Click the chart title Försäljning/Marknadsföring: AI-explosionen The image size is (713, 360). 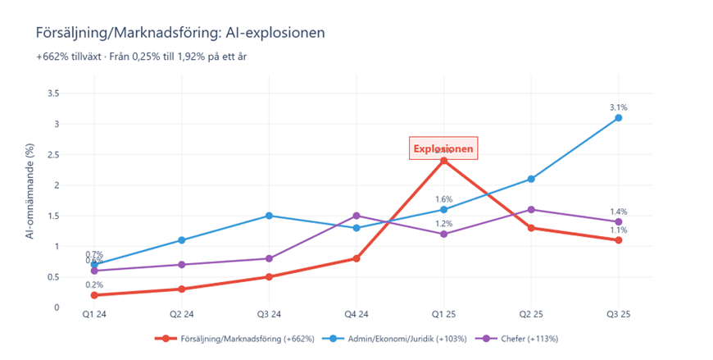tap(180, 33)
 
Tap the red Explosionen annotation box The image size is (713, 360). tap(443, 148)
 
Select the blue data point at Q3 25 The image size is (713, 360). tap(619, 118)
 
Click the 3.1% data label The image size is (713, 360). tap(619, 107)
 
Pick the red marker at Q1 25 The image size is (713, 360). tap(443, 161)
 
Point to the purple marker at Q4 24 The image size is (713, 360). tap(356, 216)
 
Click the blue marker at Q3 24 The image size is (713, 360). tap(269, 216)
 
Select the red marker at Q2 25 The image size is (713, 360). tap(531, 228)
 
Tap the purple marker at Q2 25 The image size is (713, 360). tap(531, 210)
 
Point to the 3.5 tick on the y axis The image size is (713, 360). tap(75, 93)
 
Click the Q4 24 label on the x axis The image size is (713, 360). tap(356, 314)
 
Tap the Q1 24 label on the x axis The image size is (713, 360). tap(94, 314)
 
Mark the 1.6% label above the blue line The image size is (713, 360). tap(443, 199)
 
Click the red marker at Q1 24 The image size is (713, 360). tap(94, 295)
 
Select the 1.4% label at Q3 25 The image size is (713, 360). tap(619, 212)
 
